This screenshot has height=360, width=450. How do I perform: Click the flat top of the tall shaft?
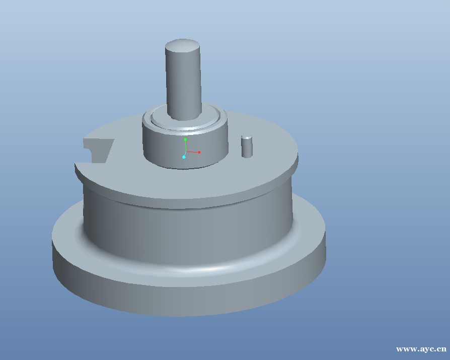coord(182,46)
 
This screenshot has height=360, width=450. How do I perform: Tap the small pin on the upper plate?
coord(247,147)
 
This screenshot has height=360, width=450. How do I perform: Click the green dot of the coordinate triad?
coord(185,139)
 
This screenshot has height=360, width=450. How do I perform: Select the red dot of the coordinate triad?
coord(199,152)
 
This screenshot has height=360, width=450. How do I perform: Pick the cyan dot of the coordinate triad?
coord(184,157)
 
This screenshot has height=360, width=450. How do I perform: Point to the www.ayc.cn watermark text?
coord(421,349)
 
